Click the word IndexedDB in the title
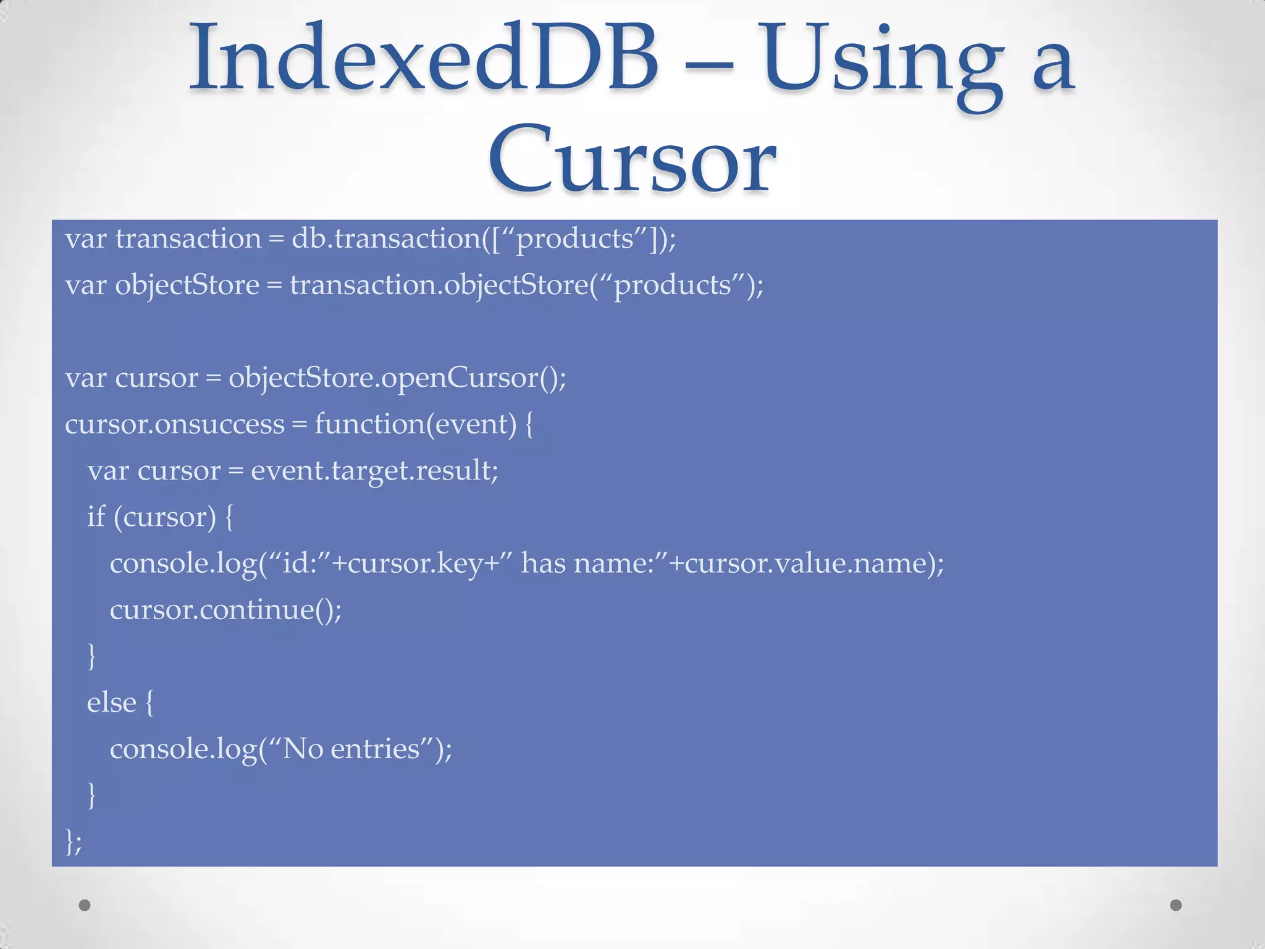click(424, 59)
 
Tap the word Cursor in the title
click(631, 159)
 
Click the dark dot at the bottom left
click(85, 905)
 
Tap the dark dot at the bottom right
click(1176, 905)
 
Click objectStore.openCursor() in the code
click(397, 378)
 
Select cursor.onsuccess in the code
click(175, 424)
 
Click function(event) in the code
click(415, 424)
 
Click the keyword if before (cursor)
click(96, 517)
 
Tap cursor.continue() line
click(225, 610)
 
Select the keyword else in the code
click(111, 702)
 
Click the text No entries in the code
click(351, 749)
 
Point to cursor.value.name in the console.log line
click(805, 563)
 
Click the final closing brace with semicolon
click(73, 841)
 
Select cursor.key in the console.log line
click(415, 563)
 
